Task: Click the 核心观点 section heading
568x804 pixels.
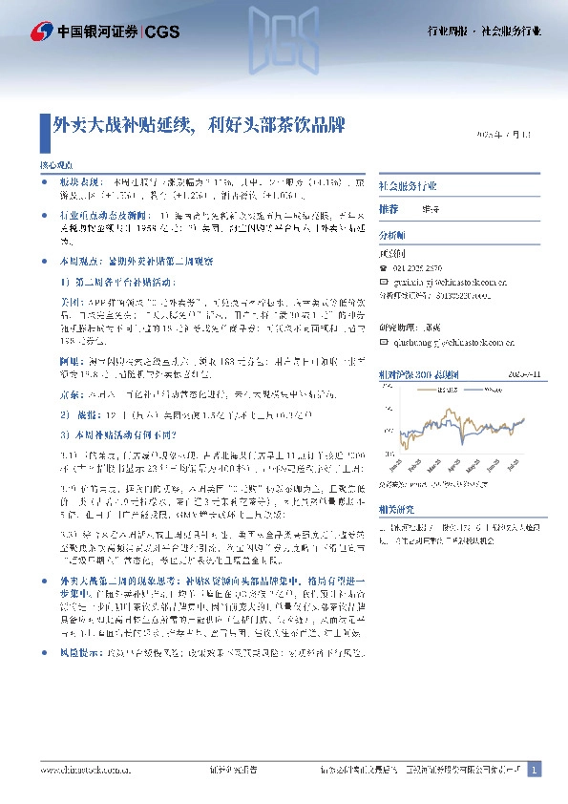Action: pyautogui.click(x=57, y=165)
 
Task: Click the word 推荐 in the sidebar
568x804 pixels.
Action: pyautogui.click(x=389, y=208)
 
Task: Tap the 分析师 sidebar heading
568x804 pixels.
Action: pyautogui.click(x=392, y=234)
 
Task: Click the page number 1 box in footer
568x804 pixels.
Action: pyautogui.click(x=535, y=770)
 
